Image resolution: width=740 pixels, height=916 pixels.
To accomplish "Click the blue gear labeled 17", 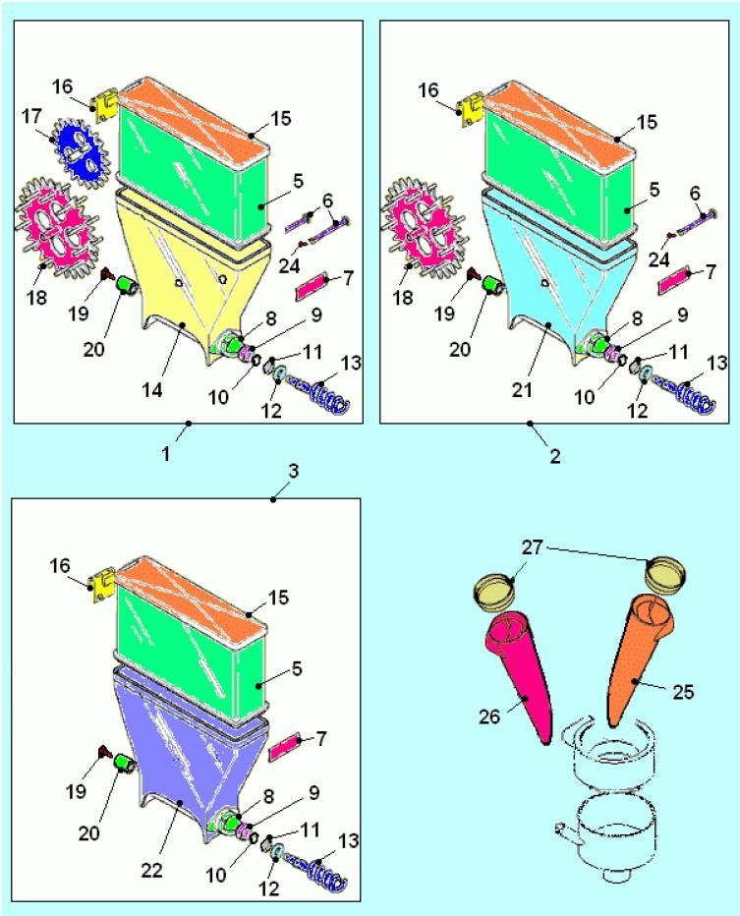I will (77, 150).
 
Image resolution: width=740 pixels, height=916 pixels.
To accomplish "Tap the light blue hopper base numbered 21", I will (560, 265).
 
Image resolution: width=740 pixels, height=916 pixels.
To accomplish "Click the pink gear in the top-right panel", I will (420, 220).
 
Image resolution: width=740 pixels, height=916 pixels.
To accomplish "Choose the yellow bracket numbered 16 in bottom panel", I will (102, 586).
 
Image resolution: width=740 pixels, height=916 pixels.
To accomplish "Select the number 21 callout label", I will (523, 390).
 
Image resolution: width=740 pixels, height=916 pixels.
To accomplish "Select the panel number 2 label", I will (555, 457).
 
